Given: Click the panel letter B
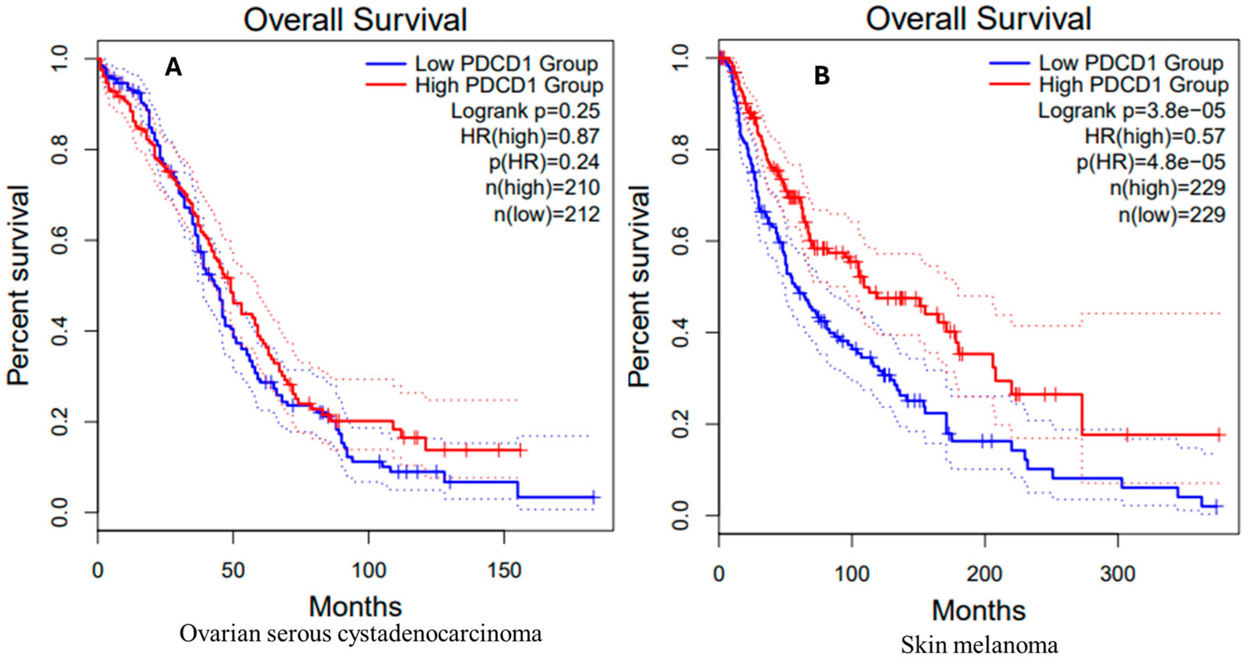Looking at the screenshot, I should (822, 76).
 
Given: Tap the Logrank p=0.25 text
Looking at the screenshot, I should (525, 111).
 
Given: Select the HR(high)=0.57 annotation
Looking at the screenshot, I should (1154, 136).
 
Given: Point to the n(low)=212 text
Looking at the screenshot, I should (547, 214).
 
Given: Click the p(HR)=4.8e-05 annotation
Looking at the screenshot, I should (1150, 162).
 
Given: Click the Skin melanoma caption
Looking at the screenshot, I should (979, 645).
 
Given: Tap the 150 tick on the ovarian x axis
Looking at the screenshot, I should (504, 570).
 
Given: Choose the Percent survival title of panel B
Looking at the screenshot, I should (639, 287).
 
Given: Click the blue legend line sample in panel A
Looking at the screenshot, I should (386, 64).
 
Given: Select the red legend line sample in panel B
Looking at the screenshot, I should (1009, 84).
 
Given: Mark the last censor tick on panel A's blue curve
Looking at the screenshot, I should (593, 497).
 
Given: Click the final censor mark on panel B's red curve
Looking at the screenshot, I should (1219, 435).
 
